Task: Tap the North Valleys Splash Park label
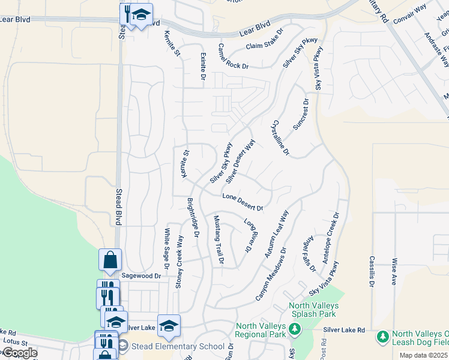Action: point(313,310)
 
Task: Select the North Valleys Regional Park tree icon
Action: point(294,329)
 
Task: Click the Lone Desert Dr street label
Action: point(243,203)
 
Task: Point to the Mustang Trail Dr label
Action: point(218,239)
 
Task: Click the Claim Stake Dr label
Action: point(264,41)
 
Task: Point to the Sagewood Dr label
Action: point(142,276)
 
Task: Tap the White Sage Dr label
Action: point(166,244)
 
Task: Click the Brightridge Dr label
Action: point(193,217)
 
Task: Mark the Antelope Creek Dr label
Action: point(331,238)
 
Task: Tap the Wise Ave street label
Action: point(394,271)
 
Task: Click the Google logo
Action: point(19,353)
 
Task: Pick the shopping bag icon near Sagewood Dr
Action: point(110,260)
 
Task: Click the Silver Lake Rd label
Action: point(344,330)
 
